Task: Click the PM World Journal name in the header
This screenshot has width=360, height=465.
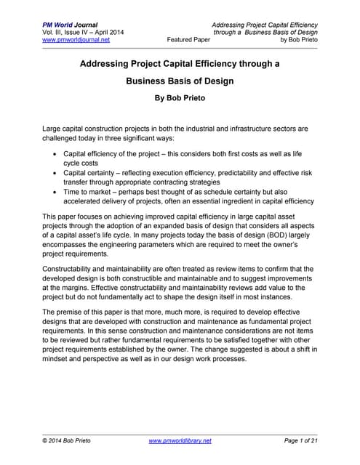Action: [68, 25]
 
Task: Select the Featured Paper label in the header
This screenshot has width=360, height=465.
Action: [191, 41]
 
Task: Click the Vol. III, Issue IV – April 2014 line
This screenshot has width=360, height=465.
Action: [83, 33]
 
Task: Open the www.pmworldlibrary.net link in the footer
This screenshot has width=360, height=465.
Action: [180, 441]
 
